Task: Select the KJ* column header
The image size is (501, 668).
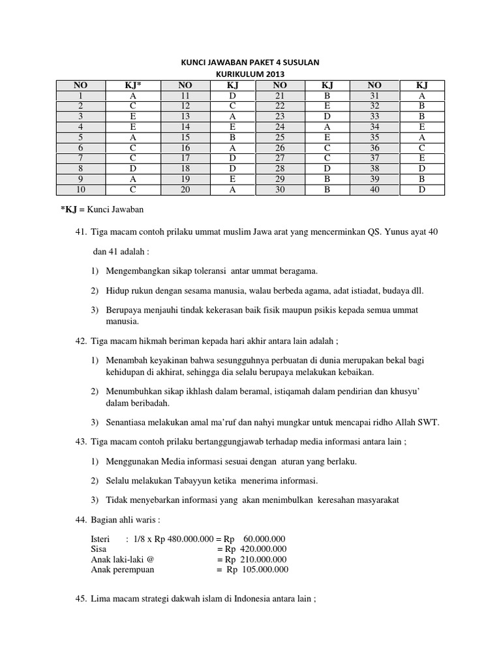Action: click(x=133, y=85)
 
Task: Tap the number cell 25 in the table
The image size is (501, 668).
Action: click(x=280, y=138)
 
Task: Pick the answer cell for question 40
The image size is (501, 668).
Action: click(x=421, y=190)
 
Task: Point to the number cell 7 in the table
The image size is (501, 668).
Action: click(x=80, y=159)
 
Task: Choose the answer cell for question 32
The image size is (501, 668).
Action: click(x=421, y=106)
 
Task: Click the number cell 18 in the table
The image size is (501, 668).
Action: click(x=185, y=169)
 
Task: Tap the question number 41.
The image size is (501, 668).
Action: click(x=81, y=233)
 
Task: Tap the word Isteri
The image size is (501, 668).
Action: click(x=102, y=539)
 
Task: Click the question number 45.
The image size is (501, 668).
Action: click(x=81, y=600)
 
